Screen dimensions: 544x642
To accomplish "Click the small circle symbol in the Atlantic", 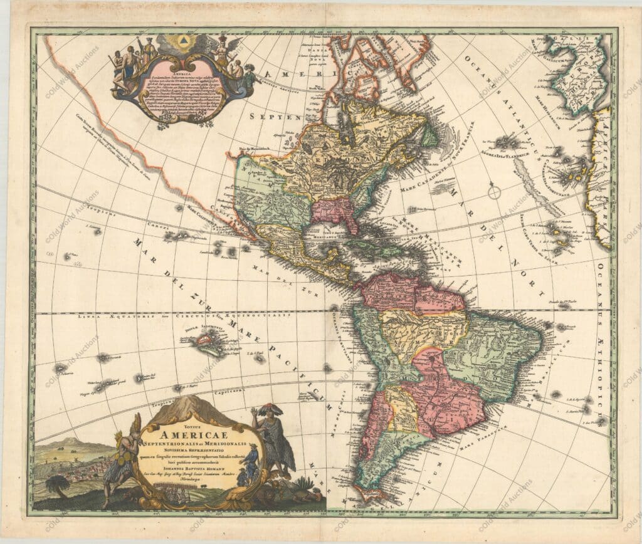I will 494,191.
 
